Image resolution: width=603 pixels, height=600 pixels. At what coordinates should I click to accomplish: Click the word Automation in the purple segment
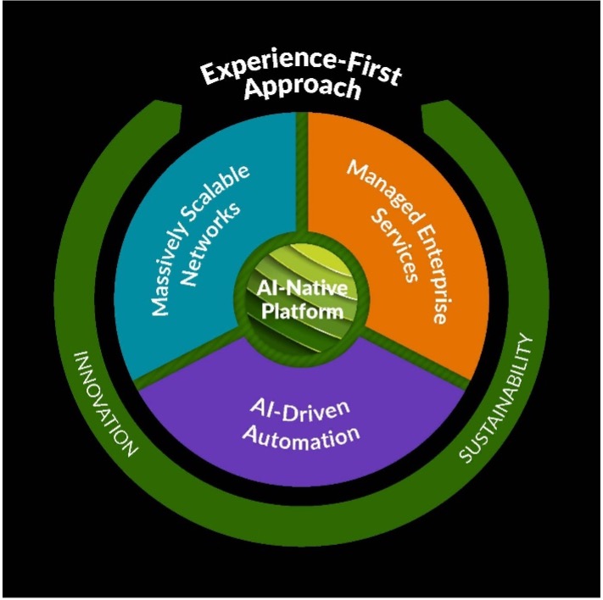(x=299, y=437)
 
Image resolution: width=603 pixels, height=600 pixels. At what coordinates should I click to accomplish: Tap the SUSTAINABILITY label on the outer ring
(x=500, y=399)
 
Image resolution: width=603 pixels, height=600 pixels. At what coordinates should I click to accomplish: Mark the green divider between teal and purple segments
(x=182, y=364)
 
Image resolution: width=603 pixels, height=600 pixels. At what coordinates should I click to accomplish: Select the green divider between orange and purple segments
(x=416, y=365)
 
